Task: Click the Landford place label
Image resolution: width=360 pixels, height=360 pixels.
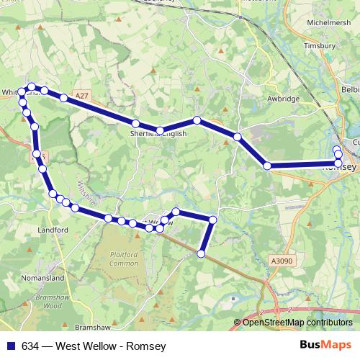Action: (53, 230)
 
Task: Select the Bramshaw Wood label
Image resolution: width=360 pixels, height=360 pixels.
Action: (51, 301)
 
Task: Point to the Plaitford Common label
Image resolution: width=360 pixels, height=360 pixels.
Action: (123, 259)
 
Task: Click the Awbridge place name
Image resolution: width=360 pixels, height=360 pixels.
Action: (283, 99)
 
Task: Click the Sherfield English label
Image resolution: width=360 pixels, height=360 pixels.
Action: (158, 133)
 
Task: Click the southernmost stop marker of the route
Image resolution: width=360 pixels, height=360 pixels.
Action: (201, 253)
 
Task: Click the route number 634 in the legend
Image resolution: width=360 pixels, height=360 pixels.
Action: (30, 346)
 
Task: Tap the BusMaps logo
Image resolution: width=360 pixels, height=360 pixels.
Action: (325, 345)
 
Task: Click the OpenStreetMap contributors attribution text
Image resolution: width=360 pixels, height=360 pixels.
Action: (297, 322)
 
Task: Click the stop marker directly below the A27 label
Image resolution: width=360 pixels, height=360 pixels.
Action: (63, 97)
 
